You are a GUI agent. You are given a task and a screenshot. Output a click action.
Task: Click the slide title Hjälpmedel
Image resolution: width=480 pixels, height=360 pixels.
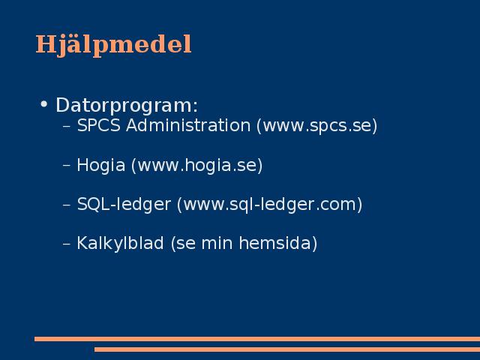pos(113,45)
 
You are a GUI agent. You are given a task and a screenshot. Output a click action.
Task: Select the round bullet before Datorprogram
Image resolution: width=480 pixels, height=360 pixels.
pos(44,104)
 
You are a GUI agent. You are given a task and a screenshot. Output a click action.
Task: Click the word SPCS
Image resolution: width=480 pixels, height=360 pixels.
pos(98,125)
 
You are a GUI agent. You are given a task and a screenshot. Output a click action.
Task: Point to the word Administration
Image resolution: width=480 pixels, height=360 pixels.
pos(188,125)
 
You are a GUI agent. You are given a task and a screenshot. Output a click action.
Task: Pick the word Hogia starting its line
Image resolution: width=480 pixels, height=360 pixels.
pos(101,166)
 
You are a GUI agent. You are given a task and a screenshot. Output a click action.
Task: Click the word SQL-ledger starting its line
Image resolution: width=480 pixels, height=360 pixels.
pos(124,205)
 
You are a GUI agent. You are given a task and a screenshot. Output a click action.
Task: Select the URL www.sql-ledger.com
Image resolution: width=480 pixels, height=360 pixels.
pos(270,205)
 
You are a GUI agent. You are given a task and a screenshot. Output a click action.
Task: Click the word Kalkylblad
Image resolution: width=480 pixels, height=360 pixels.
pos(120,244)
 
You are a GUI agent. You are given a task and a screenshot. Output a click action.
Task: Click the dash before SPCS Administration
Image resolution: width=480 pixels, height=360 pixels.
pos(67,126)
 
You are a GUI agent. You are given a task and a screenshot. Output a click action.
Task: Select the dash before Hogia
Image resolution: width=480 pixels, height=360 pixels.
pos(67,166)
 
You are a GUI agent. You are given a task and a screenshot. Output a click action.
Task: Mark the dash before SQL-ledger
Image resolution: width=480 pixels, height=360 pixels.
pos(67,205)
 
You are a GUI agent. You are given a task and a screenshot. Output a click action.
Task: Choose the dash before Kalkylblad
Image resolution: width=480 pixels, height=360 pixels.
pos(67,244)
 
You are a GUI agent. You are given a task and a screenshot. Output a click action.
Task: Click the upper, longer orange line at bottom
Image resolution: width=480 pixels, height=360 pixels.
pos(257,339)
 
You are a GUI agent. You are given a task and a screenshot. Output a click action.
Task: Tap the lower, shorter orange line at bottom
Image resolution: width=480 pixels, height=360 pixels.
pos(287,349)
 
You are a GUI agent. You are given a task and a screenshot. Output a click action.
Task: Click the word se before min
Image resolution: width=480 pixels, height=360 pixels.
pos(186,244)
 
